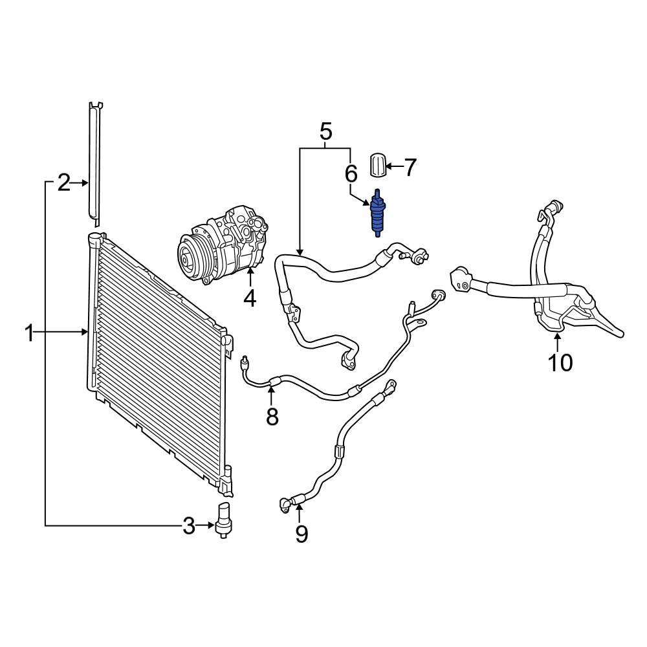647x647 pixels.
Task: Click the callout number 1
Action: pos(29,334)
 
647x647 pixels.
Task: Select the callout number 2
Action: pos(63,183)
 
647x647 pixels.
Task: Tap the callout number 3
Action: pos(188,526)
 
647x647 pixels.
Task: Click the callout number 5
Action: pos(325,132)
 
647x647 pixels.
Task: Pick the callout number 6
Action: pos(351,173)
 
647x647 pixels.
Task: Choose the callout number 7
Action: pos(410,168)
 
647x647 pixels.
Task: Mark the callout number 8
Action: pos(272,417)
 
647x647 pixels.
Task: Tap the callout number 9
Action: pos(301,534)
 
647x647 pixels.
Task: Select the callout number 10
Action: pos(560,363)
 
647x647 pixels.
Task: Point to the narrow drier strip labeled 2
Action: pos(96,162)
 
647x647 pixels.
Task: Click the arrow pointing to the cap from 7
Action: pos(393,168)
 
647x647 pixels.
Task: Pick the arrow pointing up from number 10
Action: pos(558,342)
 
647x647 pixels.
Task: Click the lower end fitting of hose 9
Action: pos(285,505)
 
